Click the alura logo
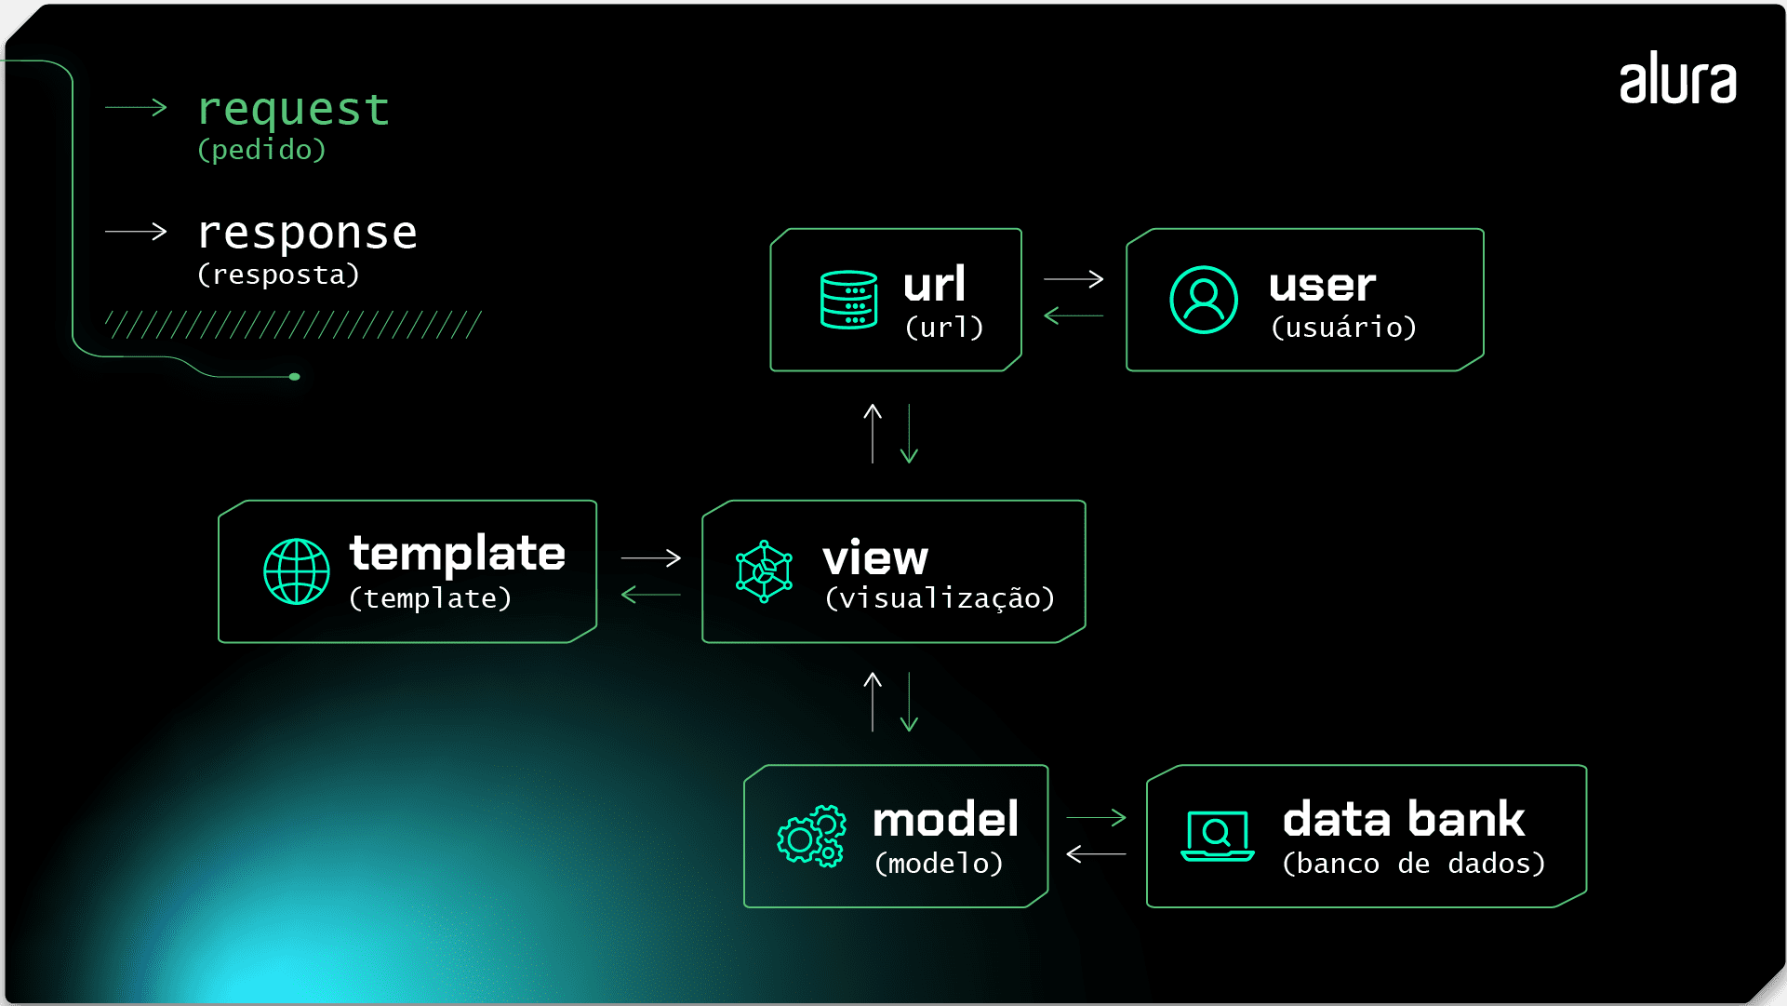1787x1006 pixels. coord(1677,79)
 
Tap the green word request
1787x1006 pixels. coord(293,110)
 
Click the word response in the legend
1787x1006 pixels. coord(307,233)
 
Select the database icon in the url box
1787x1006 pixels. coord(848,300)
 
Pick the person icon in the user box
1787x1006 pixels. coord(1203,300)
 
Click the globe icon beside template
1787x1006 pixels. coord(297,571)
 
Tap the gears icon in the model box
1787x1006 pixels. coord(811,836)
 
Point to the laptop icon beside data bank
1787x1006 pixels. coord(1217,836)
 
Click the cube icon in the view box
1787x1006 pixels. coord(764,571)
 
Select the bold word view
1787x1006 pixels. coord(875,558)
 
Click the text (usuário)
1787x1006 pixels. coord(1343,328)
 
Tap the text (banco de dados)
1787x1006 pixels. coord(1413,864)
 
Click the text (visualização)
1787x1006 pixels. coord(940,598)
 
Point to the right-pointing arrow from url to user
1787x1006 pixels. coord(1074,278)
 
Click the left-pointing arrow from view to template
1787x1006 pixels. coord(650,594)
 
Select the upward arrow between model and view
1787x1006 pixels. coord(873,702)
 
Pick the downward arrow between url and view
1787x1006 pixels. coord(910,434)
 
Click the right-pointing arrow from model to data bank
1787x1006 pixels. coord(1096,817)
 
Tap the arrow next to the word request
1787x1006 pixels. coord(136,107)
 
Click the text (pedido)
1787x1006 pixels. coord(261,150)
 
